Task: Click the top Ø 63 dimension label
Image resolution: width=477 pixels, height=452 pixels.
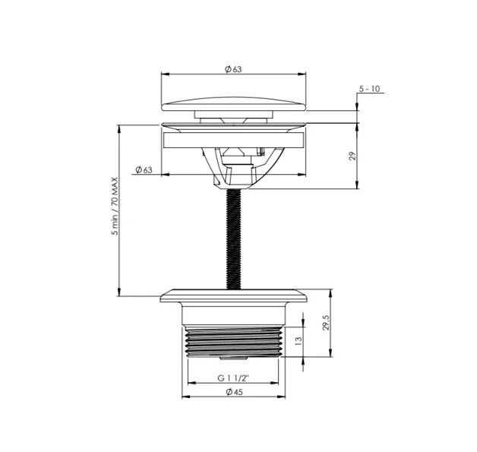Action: pos(233,69)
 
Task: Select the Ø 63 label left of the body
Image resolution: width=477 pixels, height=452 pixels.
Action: pos(144,169)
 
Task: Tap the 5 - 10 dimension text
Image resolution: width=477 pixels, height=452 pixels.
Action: pos(369,89)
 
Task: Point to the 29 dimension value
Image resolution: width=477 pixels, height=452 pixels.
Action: pos(352,156)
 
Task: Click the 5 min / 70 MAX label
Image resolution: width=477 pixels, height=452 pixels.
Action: pos(115,206)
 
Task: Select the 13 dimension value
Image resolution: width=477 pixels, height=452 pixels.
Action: pos(299,340)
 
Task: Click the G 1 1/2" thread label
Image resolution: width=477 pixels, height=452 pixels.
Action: pos(233,378)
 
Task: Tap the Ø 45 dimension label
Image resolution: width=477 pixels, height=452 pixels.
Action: pos(235,392)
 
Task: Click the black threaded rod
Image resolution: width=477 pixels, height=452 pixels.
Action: pos(234,239)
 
